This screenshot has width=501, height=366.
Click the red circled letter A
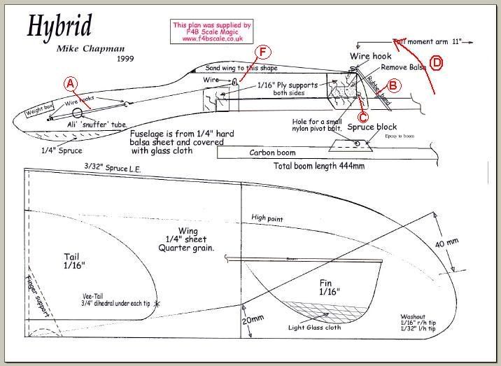click(x=71, y=83)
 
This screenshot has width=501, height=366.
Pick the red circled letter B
click(x=394, y=85)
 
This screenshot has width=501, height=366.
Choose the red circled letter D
click(x=437, y=63)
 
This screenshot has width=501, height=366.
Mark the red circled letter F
click(x=262, y=52)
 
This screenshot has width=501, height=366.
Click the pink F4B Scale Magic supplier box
click(x=211, y=31)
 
